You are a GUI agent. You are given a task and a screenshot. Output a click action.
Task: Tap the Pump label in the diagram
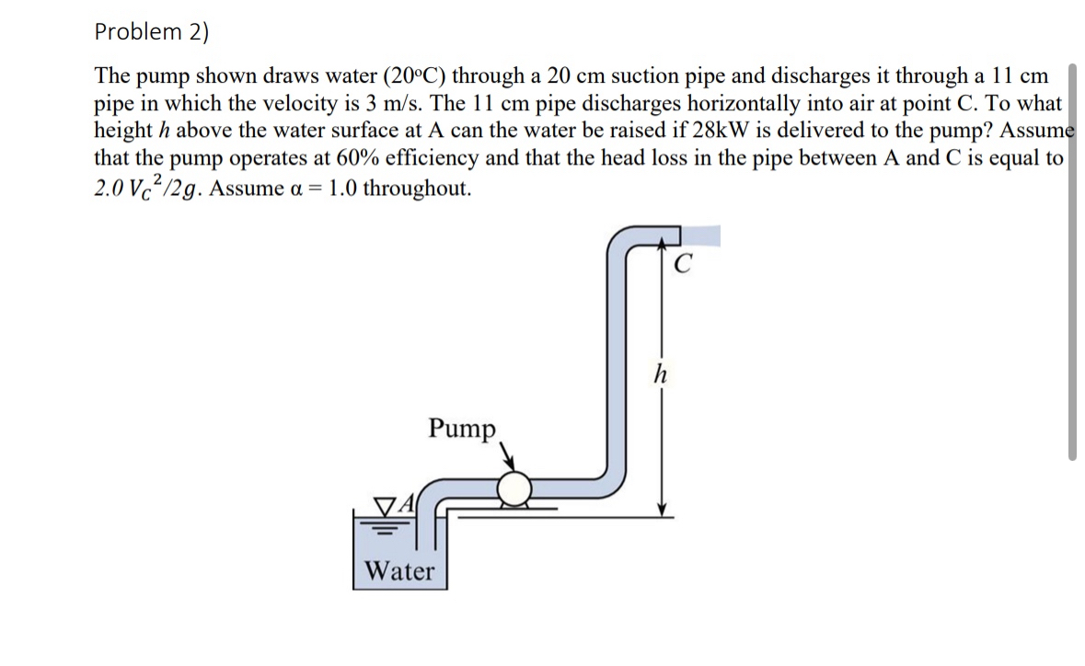[462, 428]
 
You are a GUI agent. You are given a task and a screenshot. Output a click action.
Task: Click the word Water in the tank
[399, 571]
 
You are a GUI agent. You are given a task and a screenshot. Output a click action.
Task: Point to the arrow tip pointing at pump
[510, 467]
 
